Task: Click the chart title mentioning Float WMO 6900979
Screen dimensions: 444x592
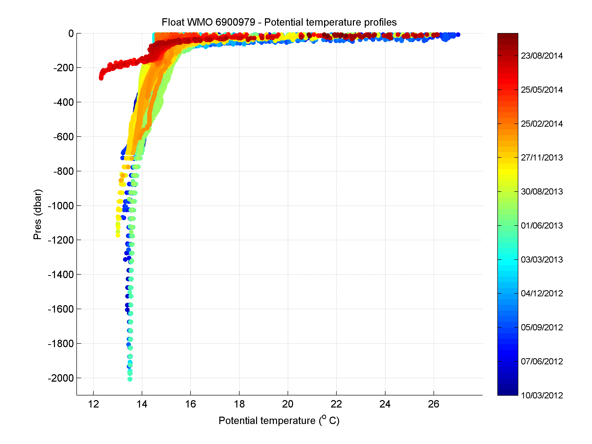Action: click(279, 22)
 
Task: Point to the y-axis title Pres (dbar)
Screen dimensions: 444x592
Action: click(37, 214)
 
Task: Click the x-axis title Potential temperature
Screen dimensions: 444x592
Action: click(279, 420)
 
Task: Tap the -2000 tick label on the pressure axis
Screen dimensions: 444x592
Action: click(60, 378)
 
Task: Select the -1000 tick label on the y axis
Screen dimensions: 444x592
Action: click(60, 206)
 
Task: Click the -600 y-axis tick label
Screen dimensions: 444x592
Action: click(63, 137)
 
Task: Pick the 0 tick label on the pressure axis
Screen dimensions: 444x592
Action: click(71, 34)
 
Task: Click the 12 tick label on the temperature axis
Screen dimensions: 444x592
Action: click(93, 404)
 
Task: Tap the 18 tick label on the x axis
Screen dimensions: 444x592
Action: click(239, 404)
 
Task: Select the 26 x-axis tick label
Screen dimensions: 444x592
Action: click(434, 404)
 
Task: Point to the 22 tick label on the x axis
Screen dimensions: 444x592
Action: click(336, 404)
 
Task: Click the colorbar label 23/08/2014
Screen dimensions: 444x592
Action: click(542, 56)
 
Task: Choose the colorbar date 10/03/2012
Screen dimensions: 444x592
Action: click(542, 395)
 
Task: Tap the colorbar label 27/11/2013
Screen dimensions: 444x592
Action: click(542, 157)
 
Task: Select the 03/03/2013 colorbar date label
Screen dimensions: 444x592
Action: click(542, 259)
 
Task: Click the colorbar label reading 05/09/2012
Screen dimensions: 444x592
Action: click(542, 327)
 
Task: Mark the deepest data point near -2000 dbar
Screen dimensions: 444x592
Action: click(130, 379)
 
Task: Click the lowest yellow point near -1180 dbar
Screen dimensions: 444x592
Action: click(118, 235)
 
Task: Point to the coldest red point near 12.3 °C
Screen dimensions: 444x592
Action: click(101, 78)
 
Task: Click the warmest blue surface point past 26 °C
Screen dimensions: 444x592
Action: click(458, 35)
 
